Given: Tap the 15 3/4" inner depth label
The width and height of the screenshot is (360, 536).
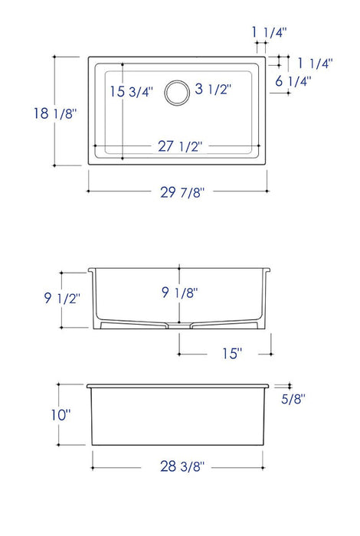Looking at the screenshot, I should tap(131, 92).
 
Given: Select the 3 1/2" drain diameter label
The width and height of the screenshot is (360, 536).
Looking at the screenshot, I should tap(213, 90).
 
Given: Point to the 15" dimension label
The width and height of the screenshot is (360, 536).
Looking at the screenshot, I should tap(227, 354).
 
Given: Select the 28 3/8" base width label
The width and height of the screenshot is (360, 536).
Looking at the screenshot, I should tap(178, 465).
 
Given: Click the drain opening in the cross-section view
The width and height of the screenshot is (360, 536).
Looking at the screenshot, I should tap(178, 324).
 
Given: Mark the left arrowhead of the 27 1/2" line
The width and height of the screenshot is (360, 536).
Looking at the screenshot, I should tap(94, 145).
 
